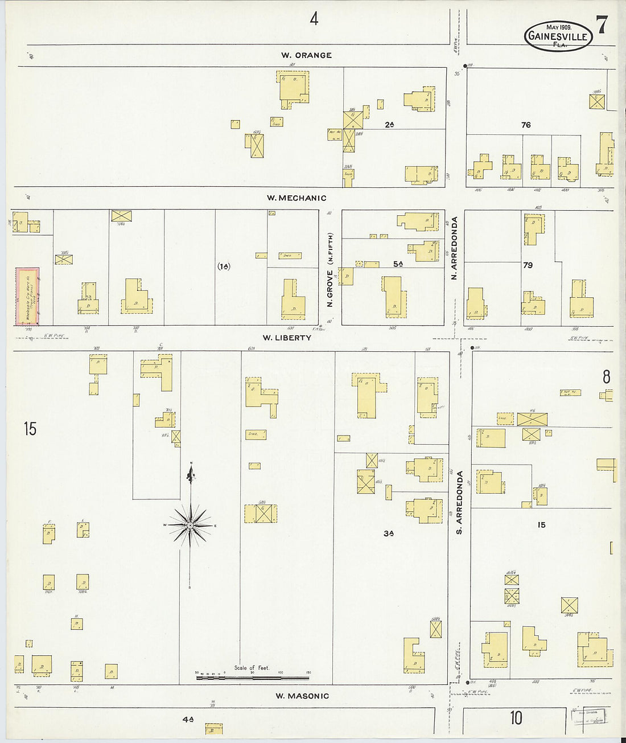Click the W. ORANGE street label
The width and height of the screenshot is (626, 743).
(306, 55)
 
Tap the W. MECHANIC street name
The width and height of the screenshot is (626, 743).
(296, 198)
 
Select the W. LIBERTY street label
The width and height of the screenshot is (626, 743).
(287, 338)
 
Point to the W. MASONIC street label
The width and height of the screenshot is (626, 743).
(302, 696)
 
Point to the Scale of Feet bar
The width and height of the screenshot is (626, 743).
(252, 678)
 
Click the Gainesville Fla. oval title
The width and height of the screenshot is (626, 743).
(558, 36)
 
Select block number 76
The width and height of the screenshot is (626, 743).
(525, 125)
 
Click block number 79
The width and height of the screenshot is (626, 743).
(528, 265)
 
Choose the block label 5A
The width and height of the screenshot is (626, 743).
(397, 264)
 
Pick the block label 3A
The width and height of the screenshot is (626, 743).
(389, 533)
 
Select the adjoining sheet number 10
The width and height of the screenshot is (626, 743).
(516, 717)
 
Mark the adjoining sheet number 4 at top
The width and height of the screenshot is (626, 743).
(314, 19)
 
